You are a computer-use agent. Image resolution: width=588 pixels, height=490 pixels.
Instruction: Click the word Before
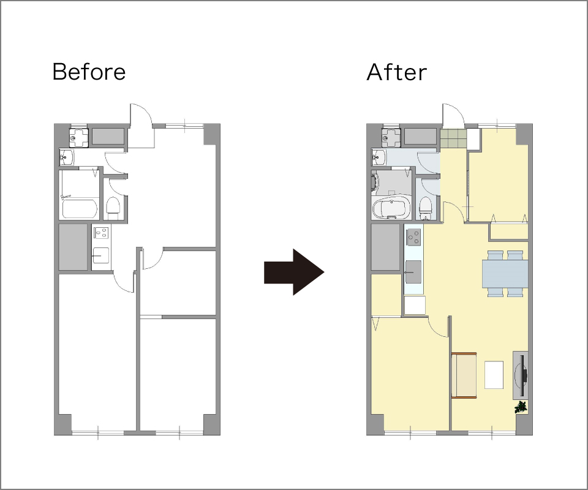(x=89, y=72)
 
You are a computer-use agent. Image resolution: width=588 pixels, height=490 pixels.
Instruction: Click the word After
(x=396, y=72)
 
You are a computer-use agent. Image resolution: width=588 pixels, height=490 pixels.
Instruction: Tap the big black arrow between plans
(x=294, y=272)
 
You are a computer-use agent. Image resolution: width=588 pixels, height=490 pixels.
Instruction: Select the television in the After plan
(x=521, y=375)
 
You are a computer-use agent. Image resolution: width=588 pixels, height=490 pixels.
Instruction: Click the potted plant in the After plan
(x=521, y=407)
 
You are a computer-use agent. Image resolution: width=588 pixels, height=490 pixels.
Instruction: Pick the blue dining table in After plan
(x=505, y=274)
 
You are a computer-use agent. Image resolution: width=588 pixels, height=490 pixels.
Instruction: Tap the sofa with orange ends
(x=464, y=375)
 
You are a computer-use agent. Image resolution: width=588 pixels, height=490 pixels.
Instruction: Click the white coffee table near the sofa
(x=494, y=375)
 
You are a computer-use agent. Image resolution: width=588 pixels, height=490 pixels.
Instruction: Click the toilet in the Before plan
(x=113, y=208)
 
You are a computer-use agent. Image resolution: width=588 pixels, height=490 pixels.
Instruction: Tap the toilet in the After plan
(x=425, y=208)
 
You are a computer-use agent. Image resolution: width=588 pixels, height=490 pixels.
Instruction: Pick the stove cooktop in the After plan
(x=414, y=237)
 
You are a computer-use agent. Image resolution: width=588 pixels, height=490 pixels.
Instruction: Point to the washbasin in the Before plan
(x=67, y=157)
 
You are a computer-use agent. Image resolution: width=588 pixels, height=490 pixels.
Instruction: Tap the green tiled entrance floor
(x=453, y=138)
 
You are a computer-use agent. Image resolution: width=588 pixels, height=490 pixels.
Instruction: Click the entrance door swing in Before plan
(x=141, y=125)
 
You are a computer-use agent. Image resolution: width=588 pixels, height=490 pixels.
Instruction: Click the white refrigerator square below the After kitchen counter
(x=415, y=305)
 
